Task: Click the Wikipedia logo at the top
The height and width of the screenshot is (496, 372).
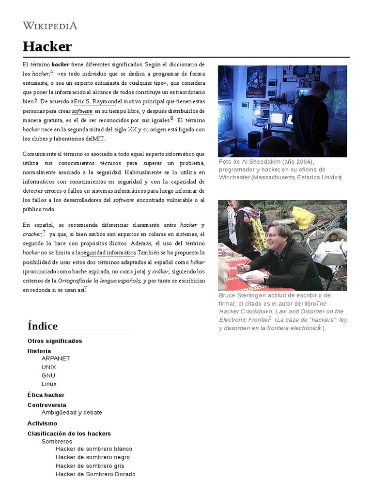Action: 50,26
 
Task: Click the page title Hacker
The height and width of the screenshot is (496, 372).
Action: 47,46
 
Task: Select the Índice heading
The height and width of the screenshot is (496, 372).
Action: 43,326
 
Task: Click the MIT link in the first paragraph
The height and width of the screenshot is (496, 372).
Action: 98,139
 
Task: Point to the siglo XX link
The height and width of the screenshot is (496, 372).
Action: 125,129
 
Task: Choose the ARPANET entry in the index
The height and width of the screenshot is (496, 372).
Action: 56,358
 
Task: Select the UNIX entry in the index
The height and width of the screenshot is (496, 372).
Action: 49,367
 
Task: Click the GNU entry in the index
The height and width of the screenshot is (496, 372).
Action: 48,375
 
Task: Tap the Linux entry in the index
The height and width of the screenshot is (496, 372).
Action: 49,384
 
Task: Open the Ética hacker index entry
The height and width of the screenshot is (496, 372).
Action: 46,395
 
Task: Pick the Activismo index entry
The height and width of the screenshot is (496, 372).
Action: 42,423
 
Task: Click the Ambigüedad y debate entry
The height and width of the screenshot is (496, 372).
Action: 72,413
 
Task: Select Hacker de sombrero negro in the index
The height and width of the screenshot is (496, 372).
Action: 93,457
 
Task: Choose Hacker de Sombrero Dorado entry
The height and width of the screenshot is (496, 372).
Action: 95,474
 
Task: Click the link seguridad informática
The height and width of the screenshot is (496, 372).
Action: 108,252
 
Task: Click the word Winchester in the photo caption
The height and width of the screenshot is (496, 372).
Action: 234,177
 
